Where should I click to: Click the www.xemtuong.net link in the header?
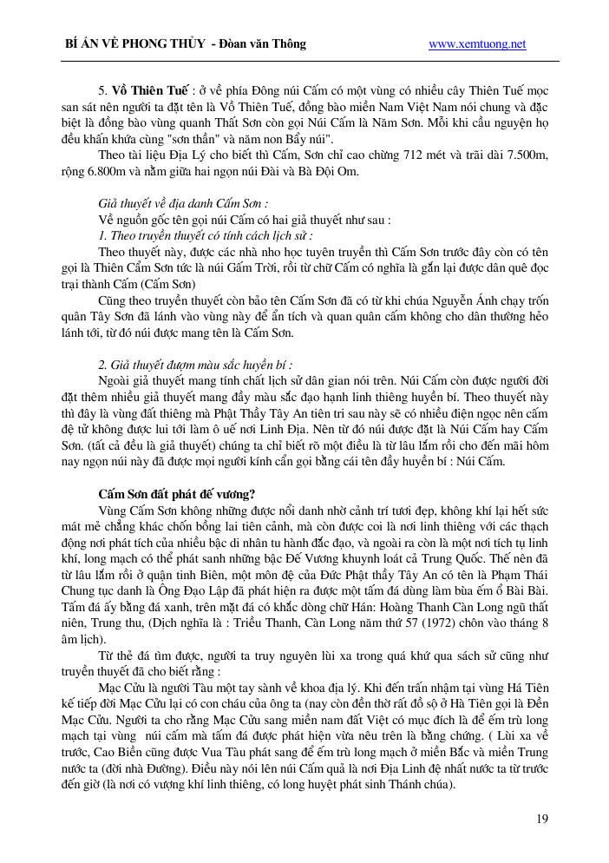[x=477, y=44]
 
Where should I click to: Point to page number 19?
[x=542, y=818]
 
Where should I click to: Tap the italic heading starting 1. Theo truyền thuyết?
[x=206, y=235]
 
